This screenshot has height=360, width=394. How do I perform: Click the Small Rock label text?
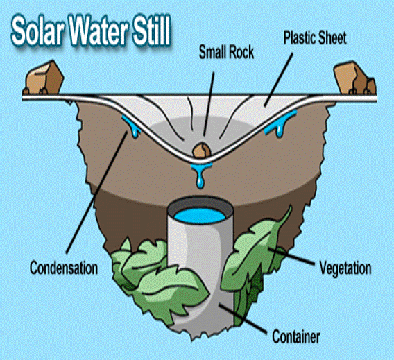pos(226,53)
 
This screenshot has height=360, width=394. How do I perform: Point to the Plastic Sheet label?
pos(315,38)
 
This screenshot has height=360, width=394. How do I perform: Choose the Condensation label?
pos(64,268)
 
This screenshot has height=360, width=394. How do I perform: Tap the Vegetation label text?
pos(345,268)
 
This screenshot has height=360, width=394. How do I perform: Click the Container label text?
pos(296,336)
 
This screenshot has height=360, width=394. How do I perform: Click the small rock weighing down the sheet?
pos(202,151)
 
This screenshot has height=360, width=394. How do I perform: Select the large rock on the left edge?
pos(43,78)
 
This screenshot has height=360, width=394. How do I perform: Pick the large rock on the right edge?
pos(354,78)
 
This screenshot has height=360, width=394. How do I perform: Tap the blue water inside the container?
pos(200,216)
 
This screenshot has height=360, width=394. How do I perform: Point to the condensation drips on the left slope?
pos(130,126)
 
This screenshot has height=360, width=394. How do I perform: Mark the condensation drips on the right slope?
pos(280,123)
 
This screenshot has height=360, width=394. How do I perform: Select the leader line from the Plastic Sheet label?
pos(278,79)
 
